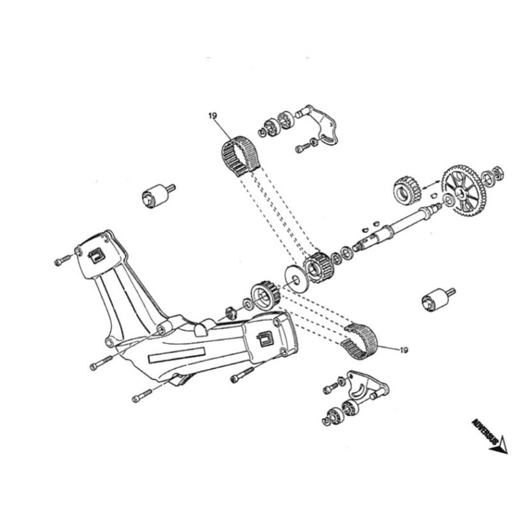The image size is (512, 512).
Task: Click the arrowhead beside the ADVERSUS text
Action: (499, 445)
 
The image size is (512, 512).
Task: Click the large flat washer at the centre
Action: (295, 272)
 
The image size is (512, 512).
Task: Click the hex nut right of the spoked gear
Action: (495, 172)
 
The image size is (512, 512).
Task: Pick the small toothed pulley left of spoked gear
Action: (404, 186)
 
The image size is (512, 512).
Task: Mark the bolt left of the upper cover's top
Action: (63, 260)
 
